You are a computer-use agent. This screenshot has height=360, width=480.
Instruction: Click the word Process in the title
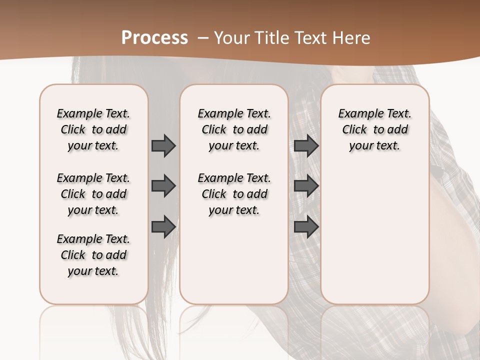click(x=154, y=37)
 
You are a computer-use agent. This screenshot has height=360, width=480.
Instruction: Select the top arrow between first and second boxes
click(x=163, y=146)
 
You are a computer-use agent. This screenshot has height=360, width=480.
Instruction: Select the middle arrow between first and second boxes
click(x=163, y=186)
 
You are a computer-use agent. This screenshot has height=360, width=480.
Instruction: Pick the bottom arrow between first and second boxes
click(x=163, y=227)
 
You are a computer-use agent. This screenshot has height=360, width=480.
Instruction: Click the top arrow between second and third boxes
click(x=306, y=146)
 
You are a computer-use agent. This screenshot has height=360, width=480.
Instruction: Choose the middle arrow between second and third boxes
click(x=306, y=186)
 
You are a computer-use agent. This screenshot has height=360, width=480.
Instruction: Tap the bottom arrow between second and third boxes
click(x=306, y=227)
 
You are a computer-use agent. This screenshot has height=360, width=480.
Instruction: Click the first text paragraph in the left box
click(x=93, y=129)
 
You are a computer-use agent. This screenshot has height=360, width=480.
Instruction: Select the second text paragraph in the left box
click(x=93, y=194)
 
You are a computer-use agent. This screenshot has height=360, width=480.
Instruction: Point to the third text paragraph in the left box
click(x=93, y=255)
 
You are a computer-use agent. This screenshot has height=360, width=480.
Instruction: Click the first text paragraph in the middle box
click(x=234, y=129)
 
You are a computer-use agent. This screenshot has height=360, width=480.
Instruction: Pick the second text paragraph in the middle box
click(x=234, y=194)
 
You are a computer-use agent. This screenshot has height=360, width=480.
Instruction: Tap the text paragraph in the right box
click(x=374, y=129)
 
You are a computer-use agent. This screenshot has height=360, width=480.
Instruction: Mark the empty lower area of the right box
click(x=374, y=235)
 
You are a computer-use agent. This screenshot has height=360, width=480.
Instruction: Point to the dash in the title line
click(x=203, y=38)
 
